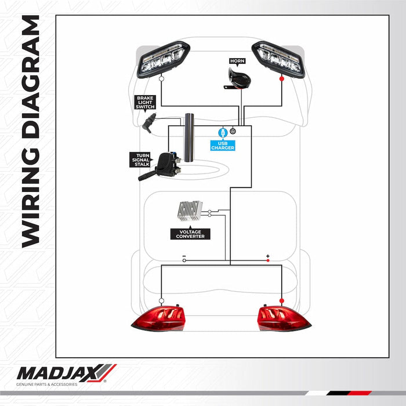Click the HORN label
237,61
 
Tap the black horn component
237,79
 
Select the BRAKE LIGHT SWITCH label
145,102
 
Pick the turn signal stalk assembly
161,166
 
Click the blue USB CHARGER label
223,146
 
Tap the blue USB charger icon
223,133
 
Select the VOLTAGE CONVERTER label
190,234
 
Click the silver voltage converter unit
190,211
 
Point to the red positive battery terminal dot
268,260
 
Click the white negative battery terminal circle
184,260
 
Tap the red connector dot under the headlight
282,78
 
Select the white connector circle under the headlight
161,78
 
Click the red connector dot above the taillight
282,300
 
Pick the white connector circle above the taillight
161,300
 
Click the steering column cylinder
190,137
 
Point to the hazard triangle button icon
233,132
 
